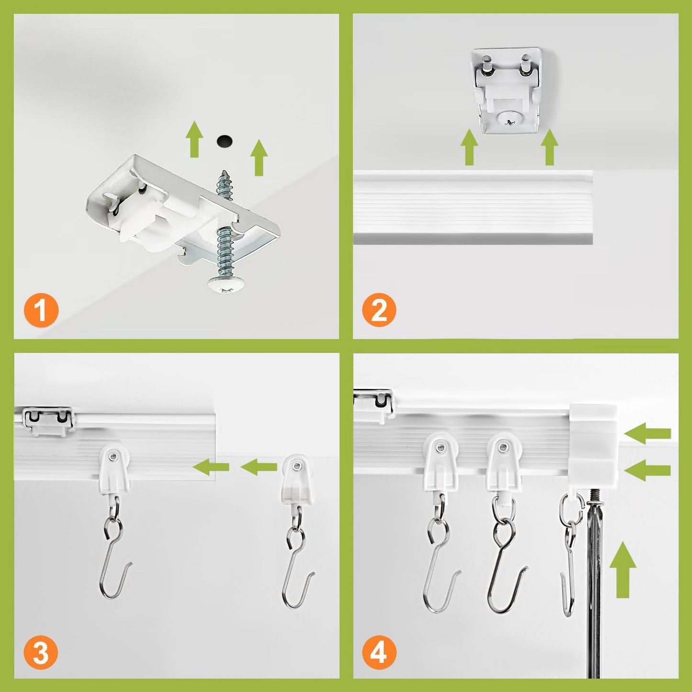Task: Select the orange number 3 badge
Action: point(41,652)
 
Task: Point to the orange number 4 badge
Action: point(379,652)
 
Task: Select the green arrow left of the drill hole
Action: point(193,139)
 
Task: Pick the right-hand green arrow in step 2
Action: point(549,147)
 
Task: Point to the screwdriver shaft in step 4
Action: point(593,575)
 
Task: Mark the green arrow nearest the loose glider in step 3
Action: point(259,467)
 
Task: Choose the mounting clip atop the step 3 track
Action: point(47,420)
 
